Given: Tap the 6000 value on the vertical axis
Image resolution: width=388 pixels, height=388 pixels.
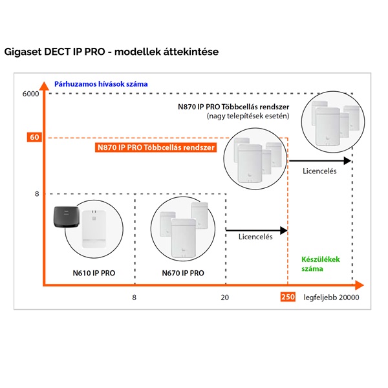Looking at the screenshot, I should (x=31, y=94).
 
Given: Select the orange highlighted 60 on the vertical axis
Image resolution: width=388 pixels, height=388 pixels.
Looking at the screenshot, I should (x=34, y=137).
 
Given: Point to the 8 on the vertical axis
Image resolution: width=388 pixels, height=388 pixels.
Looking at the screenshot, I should (x=37, y=193).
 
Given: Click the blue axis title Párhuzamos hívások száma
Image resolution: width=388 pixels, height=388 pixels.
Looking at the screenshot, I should (x=101, y=83).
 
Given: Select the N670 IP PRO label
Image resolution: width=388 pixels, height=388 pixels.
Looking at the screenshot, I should (x=183, y=274).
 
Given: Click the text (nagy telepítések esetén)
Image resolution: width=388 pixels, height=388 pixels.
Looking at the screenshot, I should (x=248, y=116).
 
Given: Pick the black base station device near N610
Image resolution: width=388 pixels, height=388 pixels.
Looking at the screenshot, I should (x=69, y=220).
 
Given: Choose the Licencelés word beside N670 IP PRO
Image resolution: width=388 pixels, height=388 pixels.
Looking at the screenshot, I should (x=255, y=237).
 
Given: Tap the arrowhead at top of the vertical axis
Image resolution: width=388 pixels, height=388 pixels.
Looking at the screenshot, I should (x=43, y=85).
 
